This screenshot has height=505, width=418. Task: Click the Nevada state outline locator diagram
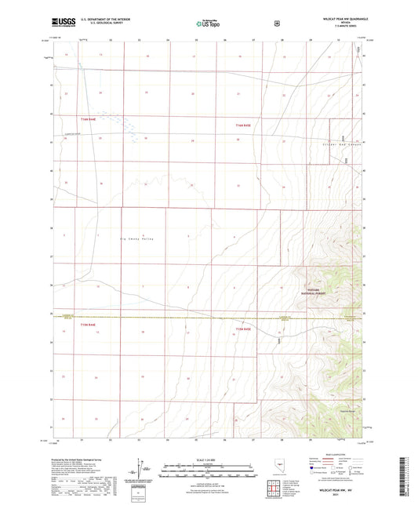click(282, 475)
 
